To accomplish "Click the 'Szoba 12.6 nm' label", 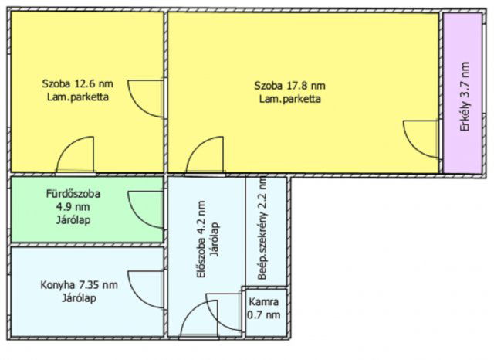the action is click(77, 84).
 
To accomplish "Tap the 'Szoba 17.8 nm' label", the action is click(290, 86).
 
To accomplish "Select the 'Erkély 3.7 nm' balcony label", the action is click(465, 97).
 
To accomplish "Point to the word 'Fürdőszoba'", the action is click(73, 193).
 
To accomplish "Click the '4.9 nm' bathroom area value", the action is click(73, 207).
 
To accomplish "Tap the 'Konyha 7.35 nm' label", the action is click(79, 285).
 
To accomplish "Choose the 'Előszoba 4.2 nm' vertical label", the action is click(201, 239).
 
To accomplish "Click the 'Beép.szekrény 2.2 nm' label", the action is click(262, 229).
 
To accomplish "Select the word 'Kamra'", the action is click(264, 302).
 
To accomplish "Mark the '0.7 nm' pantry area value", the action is click(264, 314).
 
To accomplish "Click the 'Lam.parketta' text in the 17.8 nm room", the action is click(290, 99).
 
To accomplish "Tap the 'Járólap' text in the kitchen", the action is click(79, 298).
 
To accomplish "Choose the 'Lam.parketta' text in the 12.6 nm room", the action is click(78, 97).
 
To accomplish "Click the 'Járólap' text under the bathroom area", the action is click(73, 219).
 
